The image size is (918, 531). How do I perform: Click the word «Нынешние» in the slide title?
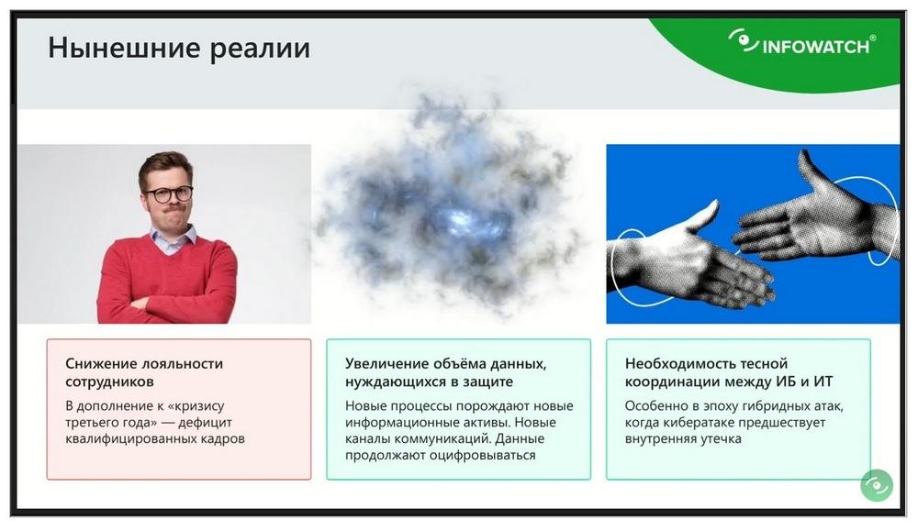click(x=124, y=48)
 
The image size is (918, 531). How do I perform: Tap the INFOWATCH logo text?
click(x=815, y=47)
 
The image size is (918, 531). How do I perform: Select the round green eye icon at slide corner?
click(x=877, y=485)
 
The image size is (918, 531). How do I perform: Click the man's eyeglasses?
click(x=168, y=194)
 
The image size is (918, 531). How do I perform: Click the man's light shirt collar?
click(x=173, y=238)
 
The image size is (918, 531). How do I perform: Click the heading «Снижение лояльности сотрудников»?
click(x=145, y=372)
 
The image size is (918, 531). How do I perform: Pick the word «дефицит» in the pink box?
click(x=205, y=422)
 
